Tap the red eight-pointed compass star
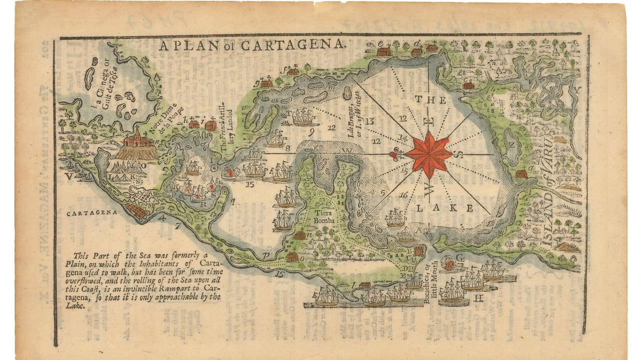pos(428,155)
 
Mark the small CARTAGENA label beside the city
pos(92,212)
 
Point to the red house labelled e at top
pos(383,51)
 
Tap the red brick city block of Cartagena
pos(136,210)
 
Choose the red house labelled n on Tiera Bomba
pos(299,235)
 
